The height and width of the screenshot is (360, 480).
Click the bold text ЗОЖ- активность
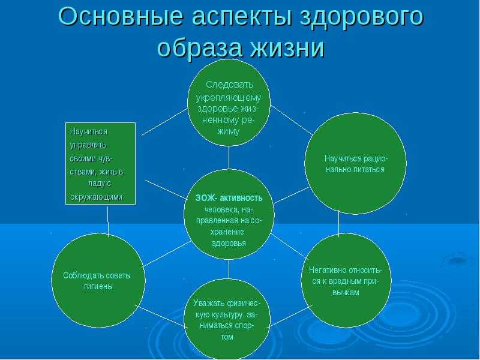(229, 198)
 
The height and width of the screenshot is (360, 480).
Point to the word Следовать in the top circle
(230, 85)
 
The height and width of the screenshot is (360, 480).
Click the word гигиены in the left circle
(98, 287)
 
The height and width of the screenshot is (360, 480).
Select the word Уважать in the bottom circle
(209, 303)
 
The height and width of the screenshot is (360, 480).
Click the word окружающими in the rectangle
(97, 197)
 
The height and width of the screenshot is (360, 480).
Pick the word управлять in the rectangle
(88, 145)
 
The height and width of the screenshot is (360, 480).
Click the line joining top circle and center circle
(229, 157)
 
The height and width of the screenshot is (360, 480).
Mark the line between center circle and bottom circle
(229, 269)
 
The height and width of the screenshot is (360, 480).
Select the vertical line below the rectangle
(108, 221)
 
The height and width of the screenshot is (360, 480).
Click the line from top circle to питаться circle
(292, 119)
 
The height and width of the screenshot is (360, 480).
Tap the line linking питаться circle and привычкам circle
(338, 223)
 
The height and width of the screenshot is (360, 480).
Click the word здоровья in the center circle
(229, 244)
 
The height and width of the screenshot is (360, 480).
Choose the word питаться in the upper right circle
(369, 170)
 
